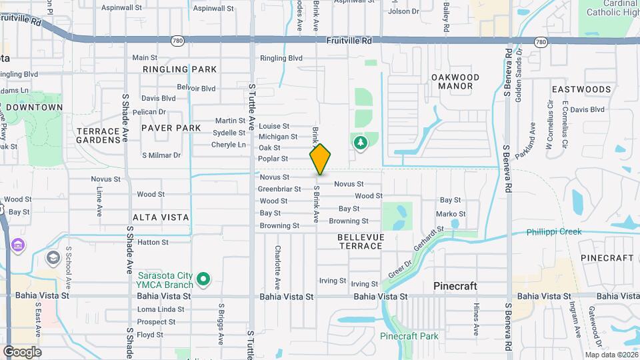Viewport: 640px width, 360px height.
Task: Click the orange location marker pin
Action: pos(321,159)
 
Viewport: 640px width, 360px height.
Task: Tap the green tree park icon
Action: pos(361,143)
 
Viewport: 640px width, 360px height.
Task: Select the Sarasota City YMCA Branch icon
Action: pos(206,279)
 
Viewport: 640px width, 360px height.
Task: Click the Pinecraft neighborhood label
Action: pos(455,286)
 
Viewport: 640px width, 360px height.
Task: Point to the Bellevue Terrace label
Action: pos(360,241)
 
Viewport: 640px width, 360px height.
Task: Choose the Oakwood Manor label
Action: pos(455,81)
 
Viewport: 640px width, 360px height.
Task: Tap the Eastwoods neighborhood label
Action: pos(581,89)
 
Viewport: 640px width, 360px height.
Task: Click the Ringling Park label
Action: pos(180,69)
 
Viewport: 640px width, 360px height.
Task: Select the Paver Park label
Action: pos(171,127)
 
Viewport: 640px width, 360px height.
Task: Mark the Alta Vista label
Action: pos(161,217)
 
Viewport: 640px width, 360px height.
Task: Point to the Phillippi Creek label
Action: pos(553,232)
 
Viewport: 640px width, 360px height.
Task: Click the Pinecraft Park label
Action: pos(409,336)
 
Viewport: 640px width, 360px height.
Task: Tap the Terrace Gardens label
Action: pos(98,135)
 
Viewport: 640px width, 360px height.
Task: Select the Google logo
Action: pos(22,351)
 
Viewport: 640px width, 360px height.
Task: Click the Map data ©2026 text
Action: pos(610,354)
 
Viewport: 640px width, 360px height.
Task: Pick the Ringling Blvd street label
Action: pos(281,58)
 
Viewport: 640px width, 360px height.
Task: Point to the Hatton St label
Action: pos(153,242)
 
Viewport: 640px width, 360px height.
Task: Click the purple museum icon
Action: pos(18,247)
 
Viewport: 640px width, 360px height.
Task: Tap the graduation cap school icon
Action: pos(53,257)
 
